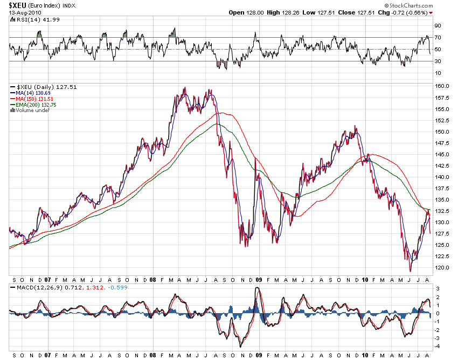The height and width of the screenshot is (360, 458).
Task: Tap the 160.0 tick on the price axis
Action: click(443, 86)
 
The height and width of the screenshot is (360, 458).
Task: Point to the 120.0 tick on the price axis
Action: click(443, 268)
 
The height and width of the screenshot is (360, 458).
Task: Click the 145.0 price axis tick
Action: click(443, 154)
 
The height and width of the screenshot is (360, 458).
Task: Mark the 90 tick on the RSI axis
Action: click(439, 26)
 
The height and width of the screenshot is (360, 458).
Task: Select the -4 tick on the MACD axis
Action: click(438, 346)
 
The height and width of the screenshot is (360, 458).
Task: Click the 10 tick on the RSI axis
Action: click(439, 73)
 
